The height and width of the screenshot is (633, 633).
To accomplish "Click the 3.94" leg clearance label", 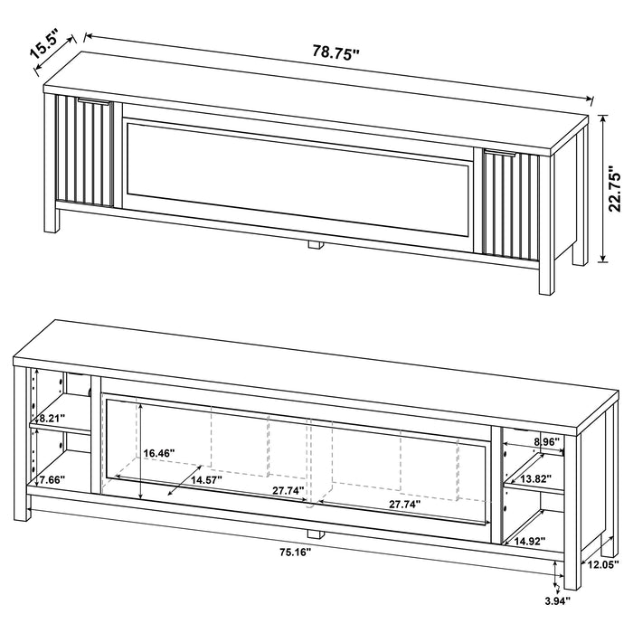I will tap(555, 599).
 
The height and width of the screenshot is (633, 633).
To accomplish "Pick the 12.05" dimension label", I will tap(601, 565).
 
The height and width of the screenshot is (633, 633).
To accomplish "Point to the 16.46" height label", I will tap(159, 452).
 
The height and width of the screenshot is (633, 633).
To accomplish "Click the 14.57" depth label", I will tap(209, 481).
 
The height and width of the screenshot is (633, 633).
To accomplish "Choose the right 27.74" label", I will tap(402, 505).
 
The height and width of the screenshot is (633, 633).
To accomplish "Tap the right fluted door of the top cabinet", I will tap(511, 203).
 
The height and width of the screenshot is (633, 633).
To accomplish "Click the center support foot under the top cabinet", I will tap(315, 243).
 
